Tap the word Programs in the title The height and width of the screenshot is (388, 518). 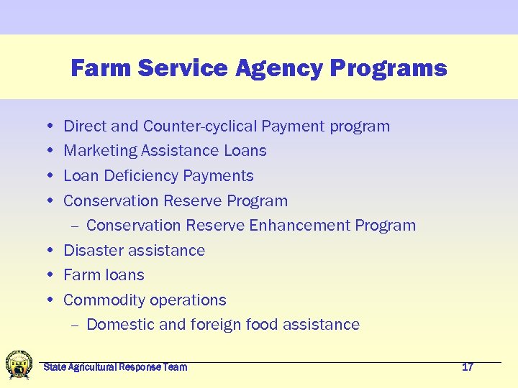coord(388,68)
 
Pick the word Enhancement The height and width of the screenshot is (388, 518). coord(299,226)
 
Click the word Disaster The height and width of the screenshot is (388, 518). coord(91,251)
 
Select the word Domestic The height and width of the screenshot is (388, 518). coord(119,325)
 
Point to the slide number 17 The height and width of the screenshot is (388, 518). coord(468,367)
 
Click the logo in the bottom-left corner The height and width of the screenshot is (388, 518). coord(19,364)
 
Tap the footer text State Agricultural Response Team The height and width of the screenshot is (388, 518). coord(115,367)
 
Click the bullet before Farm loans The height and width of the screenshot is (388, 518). coord(47,275)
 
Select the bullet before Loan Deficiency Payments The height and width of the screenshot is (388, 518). coord(47,176)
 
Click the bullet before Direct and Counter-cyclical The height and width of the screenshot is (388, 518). coord(47,126)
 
